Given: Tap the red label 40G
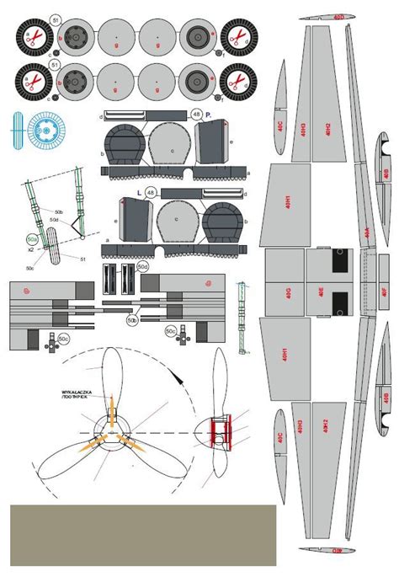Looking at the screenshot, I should pyautogui.click(x=287, y=292).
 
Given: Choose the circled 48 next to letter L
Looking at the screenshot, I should pyautogui.click(x=150, y=193).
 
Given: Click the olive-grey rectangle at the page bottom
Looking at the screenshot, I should pyautogui.click(x=142, y=534).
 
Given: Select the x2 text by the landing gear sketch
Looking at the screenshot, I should pyautogui.click(x=30, y=251).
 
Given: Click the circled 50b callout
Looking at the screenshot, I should pyautogui.click(x=132, y=320).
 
